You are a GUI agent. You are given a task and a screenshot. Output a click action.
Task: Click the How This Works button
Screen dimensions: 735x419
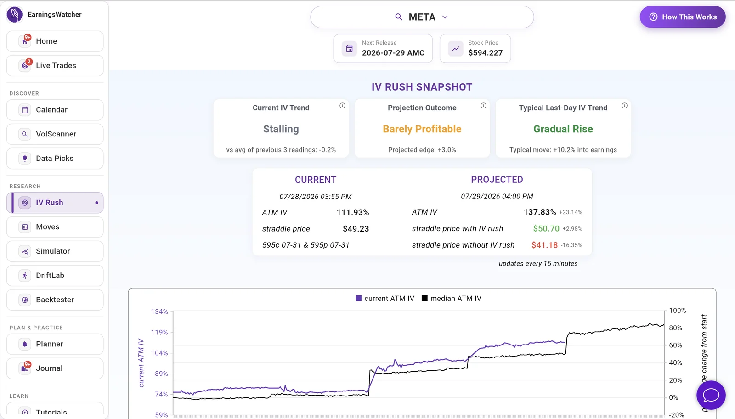tap(683, 17)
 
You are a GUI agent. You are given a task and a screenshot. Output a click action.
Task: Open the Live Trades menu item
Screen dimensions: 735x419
tap(55, 65)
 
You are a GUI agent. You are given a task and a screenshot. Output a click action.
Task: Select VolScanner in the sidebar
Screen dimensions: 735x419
tap(55, 134)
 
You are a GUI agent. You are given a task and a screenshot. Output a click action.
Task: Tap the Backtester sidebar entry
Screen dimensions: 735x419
tap(55, 300)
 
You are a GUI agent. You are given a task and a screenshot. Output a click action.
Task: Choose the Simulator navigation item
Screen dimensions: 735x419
tap(55, 251)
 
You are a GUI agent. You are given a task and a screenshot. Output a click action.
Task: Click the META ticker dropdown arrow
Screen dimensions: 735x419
tap(445, 17)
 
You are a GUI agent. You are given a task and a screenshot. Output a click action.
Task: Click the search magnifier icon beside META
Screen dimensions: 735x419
tap(399, 17)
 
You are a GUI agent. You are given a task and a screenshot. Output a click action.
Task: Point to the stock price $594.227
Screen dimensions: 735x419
tap(485, 53)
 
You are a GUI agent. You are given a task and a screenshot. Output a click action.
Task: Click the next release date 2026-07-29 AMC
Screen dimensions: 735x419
tap(393, 53)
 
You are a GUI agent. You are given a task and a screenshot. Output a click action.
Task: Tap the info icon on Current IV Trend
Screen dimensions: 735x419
tap(342, 106)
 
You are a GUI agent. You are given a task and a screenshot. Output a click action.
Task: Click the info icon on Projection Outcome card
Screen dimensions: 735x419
tap(483, 106)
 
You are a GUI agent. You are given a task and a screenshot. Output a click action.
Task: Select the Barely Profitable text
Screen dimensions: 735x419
tap(422, 129)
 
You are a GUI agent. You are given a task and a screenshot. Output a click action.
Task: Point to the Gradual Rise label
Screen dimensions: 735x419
tap(563, 129)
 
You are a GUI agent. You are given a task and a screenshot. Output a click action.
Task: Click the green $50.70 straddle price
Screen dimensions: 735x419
tap(546, 228)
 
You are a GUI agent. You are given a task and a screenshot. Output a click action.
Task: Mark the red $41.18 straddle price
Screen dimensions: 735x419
tap(544, 245)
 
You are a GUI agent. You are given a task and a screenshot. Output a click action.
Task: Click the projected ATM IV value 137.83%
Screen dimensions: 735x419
tap(540, 212)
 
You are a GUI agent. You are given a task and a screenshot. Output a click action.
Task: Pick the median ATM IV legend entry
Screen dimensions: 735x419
tap(452, 298)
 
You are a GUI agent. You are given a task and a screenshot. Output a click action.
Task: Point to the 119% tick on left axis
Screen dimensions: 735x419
tap(159, 332)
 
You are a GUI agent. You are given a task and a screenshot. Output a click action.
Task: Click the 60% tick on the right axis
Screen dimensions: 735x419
tap(675, 345)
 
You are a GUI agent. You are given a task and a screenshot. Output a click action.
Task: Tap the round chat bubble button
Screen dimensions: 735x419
tap(711, 395)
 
